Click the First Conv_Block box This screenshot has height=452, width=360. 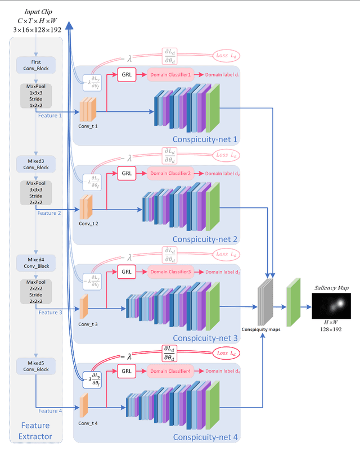point(36,63)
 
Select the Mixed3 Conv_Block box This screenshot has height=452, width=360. point(36,164)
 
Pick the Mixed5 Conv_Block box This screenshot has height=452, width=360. point(36,366)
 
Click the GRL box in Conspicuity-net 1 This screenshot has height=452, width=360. point(127,75)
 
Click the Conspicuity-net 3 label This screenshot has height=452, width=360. point(205,338)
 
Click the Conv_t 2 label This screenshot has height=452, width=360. point(89,223)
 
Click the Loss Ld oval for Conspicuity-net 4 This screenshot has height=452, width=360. point(228,352)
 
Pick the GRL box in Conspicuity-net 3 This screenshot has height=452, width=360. point(127,272)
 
